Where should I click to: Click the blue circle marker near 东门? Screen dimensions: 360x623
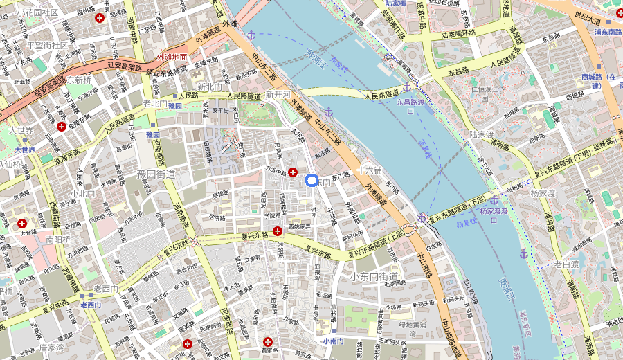(311, 181)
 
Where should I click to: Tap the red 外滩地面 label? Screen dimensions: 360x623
(172, 57)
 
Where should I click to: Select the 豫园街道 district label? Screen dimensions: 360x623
(156, 173)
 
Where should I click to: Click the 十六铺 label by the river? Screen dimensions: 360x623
(370, 170)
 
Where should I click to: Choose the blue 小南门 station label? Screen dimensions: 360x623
(332, 341)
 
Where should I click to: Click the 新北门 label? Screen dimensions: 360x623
(209, 87)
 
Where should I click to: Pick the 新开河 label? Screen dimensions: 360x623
(278, 94)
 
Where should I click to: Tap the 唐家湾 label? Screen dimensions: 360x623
(51, 348)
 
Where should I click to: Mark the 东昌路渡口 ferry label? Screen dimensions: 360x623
(415, 106)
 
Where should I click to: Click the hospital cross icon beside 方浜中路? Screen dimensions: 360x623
(293, 172)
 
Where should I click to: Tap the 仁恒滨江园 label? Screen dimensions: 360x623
(485, 93)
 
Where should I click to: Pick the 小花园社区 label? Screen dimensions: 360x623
(37, 12)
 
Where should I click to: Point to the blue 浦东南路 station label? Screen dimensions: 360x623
(608, 32)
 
